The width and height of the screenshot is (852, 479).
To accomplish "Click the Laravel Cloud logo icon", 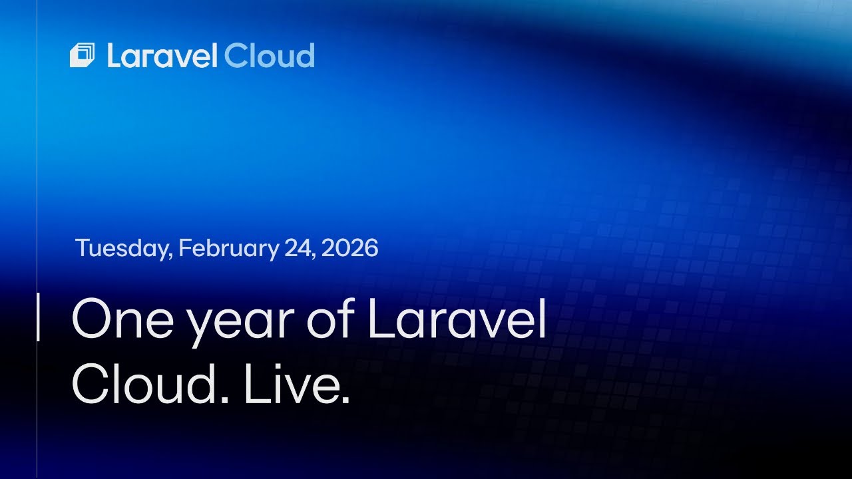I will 82,56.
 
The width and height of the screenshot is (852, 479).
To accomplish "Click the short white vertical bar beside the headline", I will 38,317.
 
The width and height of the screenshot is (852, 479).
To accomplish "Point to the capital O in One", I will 93,320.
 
